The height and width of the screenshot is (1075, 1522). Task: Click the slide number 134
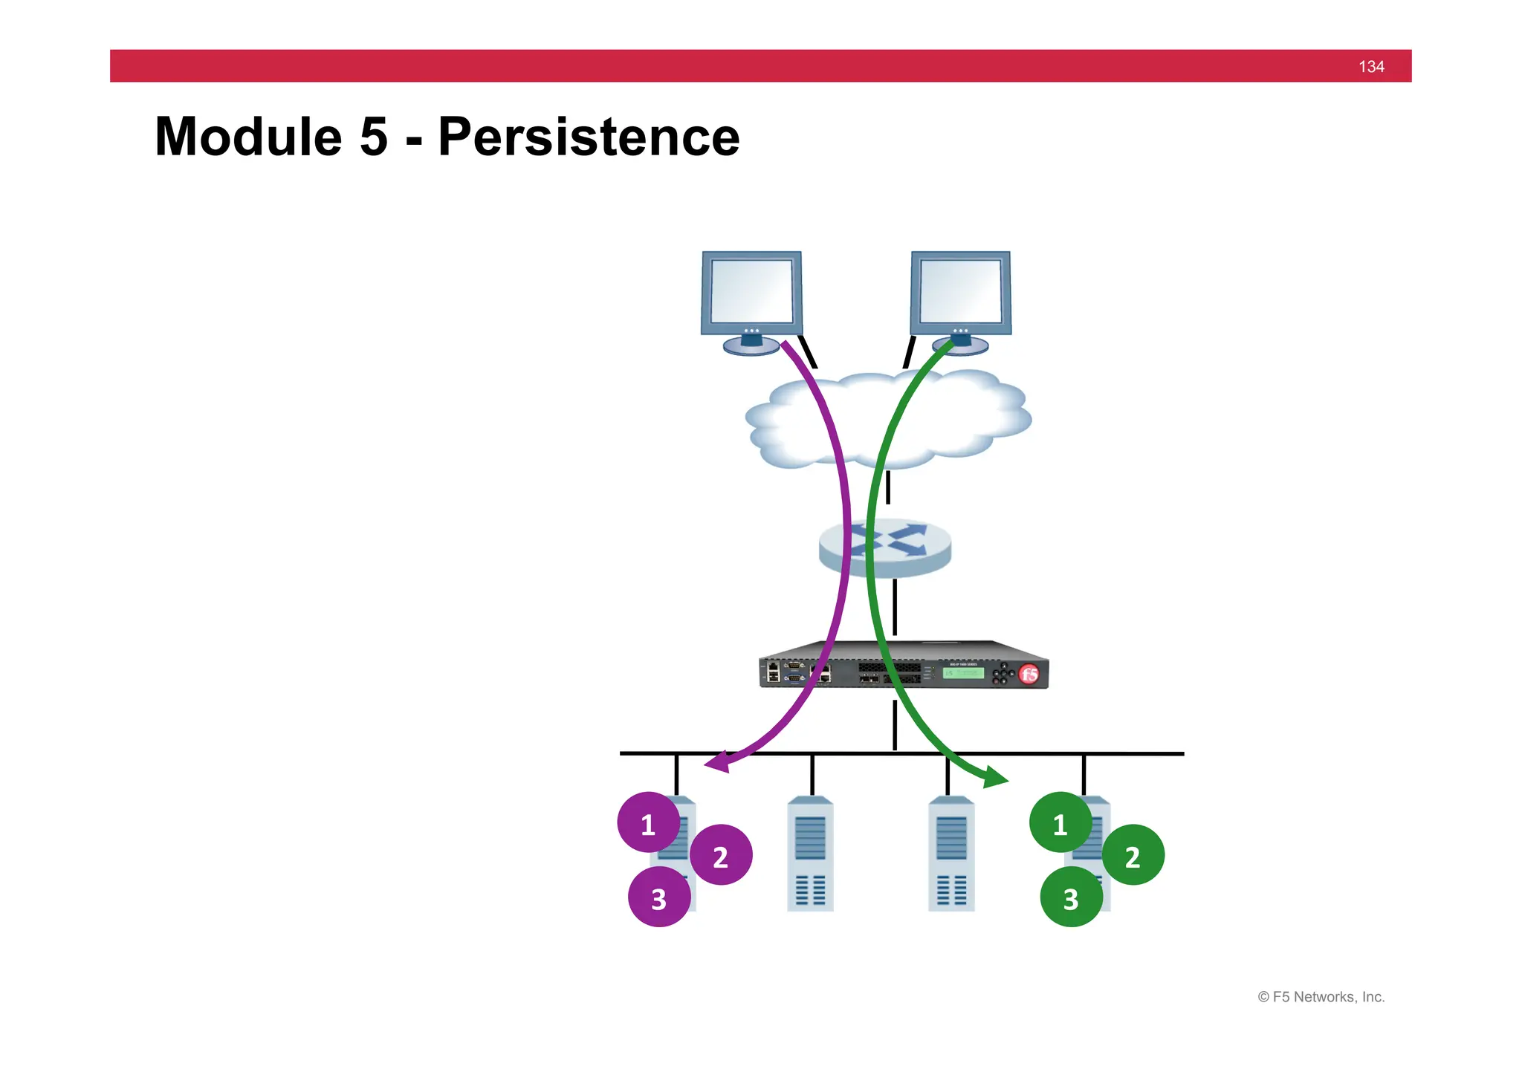[1370, 67]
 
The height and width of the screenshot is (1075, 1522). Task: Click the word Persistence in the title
[589, 137]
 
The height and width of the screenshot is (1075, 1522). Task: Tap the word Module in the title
[248, 137]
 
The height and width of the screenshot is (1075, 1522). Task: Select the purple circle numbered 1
[648, 822]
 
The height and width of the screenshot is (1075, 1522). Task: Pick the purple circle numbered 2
[720, 855]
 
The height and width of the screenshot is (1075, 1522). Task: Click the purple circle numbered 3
[658, 897]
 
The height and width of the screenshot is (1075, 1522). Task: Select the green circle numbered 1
[1060, 822]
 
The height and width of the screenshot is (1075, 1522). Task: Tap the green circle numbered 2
[1132, 855]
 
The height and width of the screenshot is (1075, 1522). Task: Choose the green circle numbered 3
[1070, 897]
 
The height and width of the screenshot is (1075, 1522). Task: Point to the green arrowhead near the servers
[995, 778]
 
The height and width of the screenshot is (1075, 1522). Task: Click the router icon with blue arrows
[884, 548]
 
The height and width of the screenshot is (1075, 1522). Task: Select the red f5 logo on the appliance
[1029, 674]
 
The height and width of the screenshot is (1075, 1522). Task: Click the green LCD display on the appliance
[963, 673]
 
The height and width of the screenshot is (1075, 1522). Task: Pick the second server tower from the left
[810, 854]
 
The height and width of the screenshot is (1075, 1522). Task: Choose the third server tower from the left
[951, 854]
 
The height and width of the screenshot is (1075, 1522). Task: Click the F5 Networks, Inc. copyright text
[1321, 997]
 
